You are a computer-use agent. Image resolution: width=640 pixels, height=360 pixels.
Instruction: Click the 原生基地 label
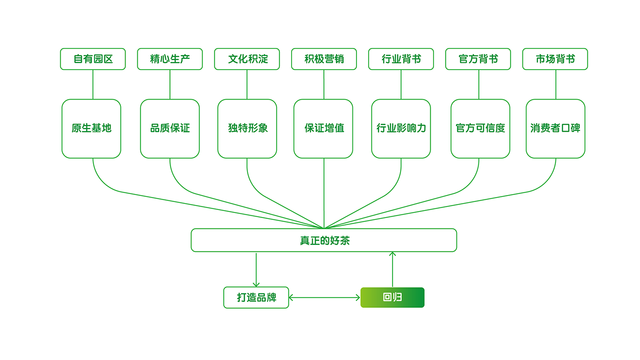91,128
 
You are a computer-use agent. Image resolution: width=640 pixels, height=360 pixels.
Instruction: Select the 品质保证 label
170,128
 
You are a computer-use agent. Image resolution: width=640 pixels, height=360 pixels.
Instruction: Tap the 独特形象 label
248,128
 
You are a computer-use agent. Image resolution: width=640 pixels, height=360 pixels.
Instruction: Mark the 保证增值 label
324,128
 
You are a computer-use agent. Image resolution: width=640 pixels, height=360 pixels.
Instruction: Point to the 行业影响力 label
401,128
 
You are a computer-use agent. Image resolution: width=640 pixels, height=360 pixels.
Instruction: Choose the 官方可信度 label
480,128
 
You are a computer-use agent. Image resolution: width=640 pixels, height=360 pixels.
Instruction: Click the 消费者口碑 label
555,128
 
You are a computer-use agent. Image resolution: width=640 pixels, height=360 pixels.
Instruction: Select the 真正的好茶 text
324,240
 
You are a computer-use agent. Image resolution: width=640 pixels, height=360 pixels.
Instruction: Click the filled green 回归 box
393,297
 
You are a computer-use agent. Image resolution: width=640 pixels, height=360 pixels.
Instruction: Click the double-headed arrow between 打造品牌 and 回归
324,298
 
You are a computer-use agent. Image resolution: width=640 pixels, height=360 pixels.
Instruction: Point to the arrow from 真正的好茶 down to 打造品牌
256,270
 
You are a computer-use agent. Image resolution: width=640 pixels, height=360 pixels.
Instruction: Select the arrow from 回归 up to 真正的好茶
393,269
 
